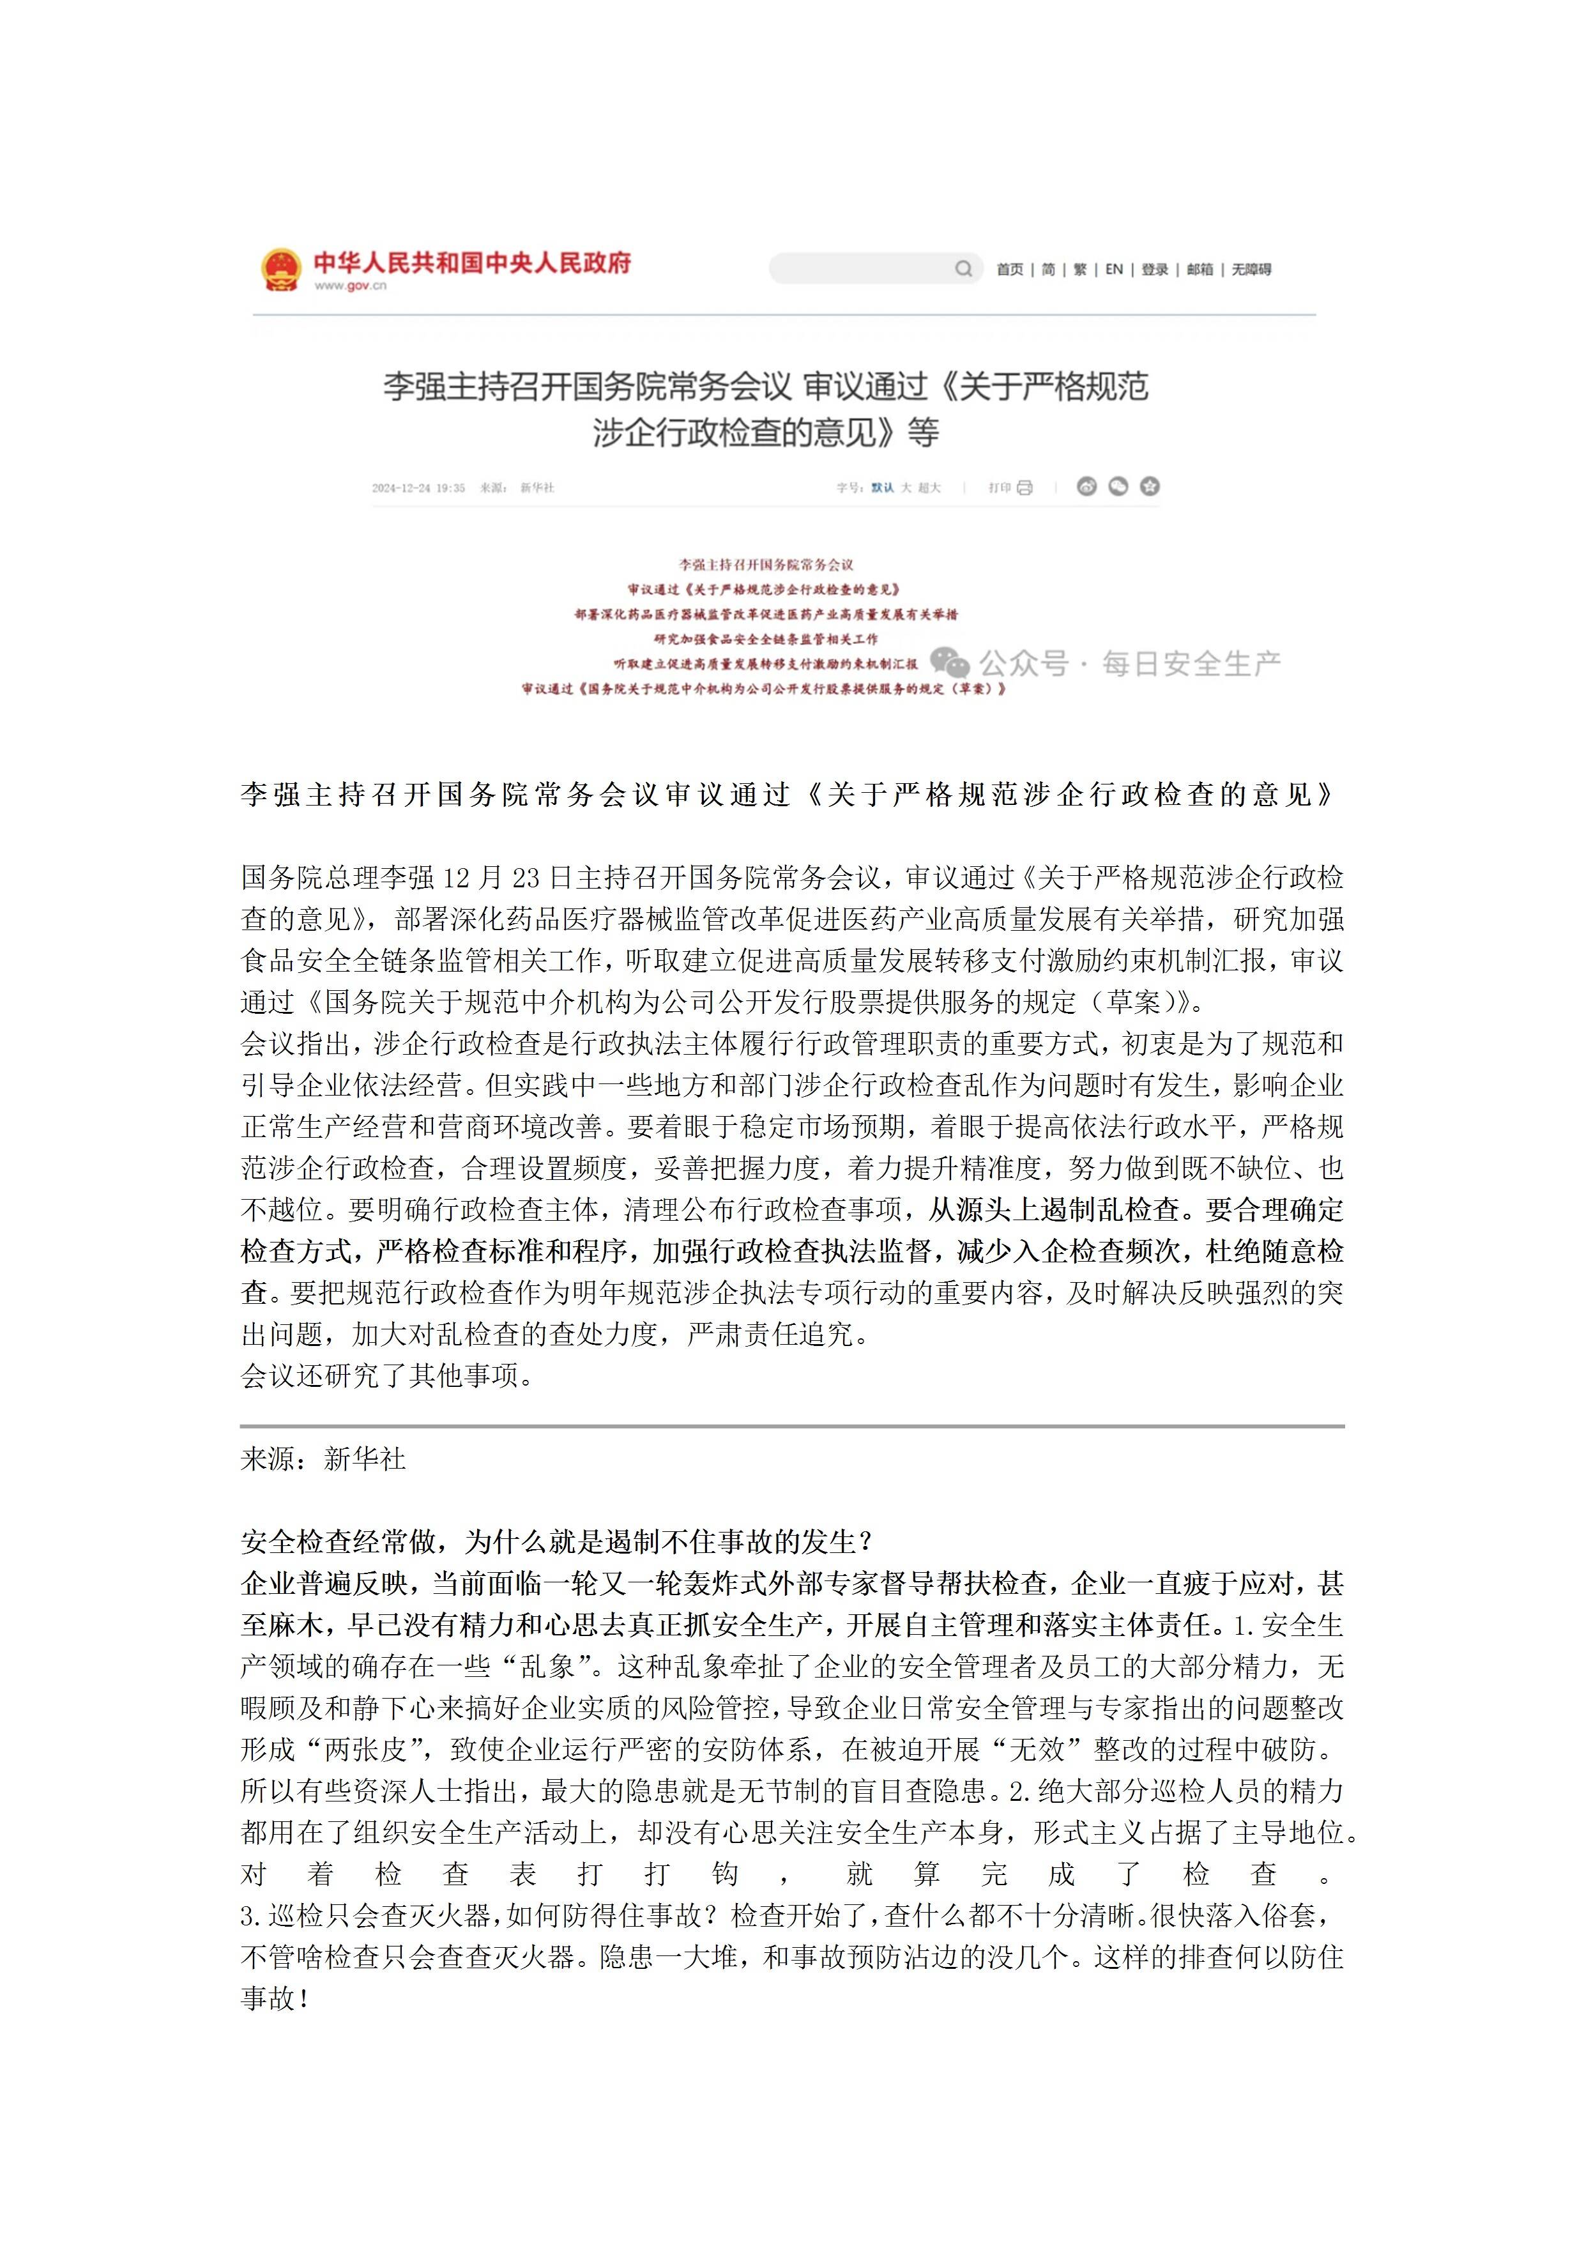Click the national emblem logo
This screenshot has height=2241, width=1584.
click(x=281, y=270)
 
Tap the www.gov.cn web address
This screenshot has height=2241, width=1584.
click(x=351, y=286)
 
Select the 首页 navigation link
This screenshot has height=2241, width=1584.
click(x=1009, y=270)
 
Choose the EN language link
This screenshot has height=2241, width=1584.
click(x=1113, y=270)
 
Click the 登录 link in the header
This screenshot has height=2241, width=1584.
click(x=1155, y=270)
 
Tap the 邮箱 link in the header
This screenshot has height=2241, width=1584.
click(x=1199, y=270)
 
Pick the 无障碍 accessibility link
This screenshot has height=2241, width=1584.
click(x=1251, y=270)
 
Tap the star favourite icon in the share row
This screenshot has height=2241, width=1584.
click(x=1150, y=486)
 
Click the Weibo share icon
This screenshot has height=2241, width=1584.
click(x=1086, y=486)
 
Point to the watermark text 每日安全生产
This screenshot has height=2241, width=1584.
click(x=1191, y=664)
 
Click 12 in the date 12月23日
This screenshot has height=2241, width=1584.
click(x=456, y=878)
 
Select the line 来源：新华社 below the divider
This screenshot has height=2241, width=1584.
click(x=323, y=1459)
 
